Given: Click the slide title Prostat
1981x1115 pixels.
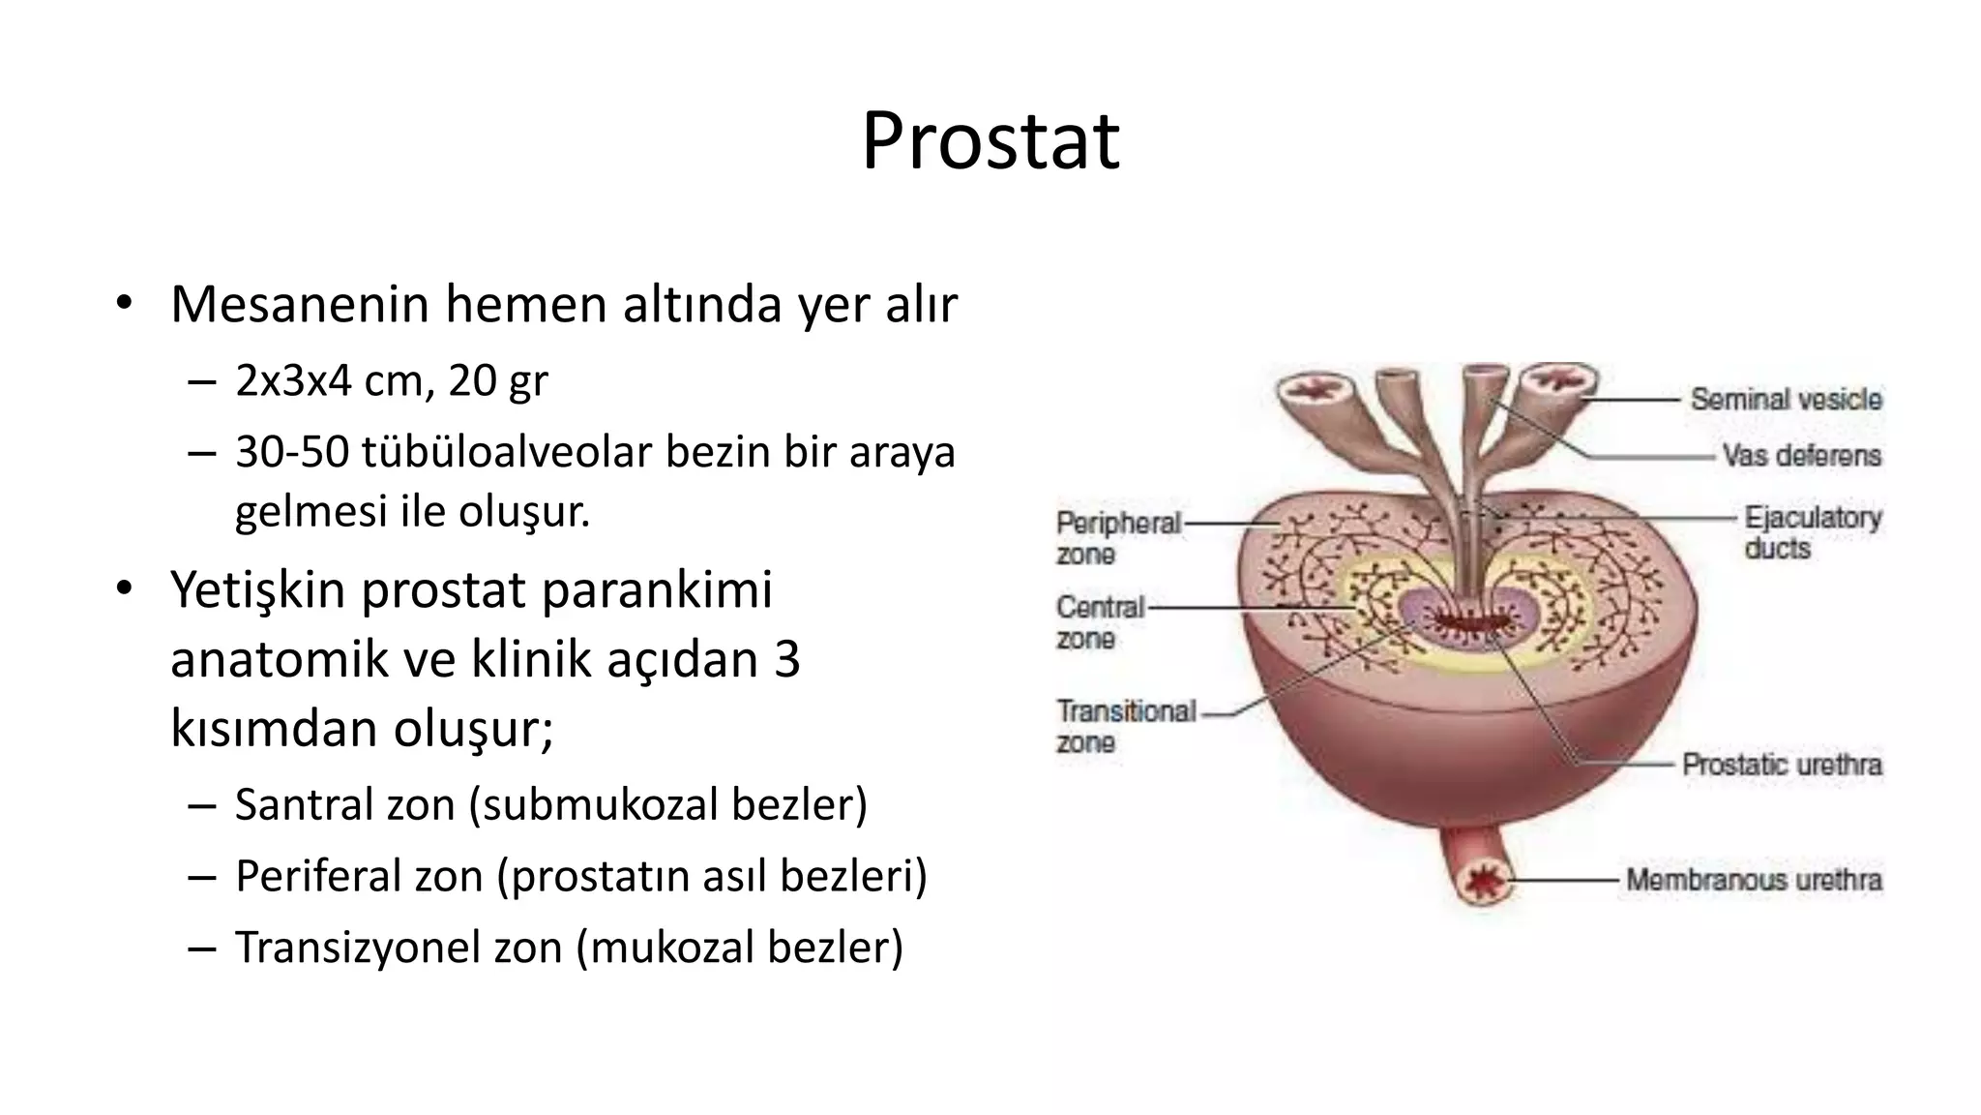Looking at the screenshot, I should [x=990, y=142].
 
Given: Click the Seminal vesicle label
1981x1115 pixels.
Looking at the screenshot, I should [x=1786, y=399].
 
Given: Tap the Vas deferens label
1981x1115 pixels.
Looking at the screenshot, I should [x=1801, y=455].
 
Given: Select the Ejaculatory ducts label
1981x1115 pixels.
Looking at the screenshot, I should [x=1812, y=532].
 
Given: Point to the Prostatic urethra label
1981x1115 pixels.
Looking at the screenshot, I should [x=1782, y=765].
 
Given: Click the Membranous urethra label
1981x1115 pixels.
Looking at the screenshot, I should [x=1754, y=880].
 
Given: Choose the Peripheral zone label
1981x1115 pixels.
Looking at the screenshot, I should [x=1117, y=538].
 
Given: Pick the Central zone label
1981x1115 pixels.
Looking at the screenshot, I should [x=1099, y=622].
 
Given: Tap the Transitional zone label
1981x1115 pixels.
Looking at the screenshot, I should [x=1125, y=726].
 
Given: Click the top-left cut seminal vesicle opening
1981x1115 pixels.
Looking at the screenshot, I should [x=1313, y=391].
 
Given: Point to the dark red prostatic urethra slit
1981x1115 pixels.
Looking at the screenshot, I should [x=1468, y=620].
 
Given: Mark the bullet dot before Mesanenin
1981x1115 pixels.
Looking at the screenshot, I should [x=123, y=304].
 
